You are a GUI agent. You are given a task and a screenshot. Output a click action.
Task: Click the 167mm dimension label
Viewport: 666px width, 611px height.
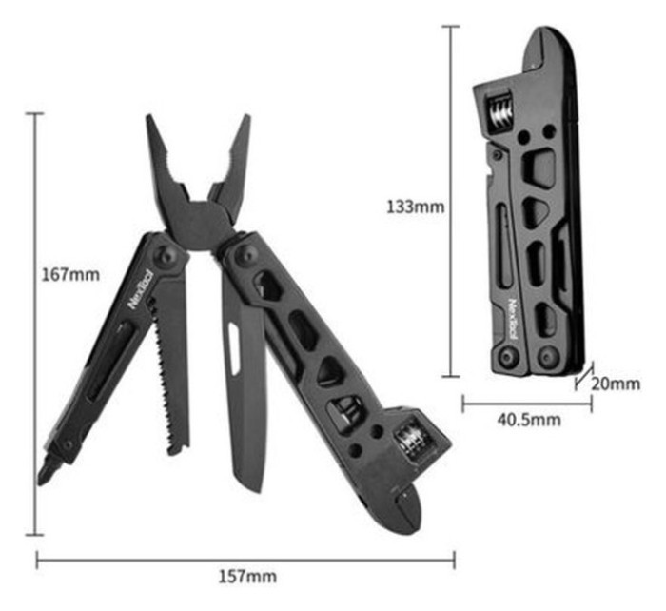(71, 276)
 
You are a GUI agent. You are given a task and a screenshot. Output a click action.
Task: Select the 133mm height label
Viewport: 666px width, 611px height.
(415, 205)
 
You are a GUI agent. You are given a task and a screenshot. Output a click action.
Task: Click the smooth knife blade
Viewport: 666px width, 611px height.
(244, 400)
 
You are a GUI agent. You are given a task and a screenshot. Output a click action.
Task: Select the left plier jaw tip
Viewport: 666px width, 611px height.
(152, 124)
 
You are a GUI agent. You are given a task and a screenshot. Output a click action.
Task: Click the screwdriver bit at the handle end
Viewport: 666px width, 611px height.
(48, 471)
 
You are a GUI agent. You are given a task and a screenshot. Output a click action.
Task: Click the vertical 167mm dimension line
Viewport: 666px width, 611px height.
(37, 324)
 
